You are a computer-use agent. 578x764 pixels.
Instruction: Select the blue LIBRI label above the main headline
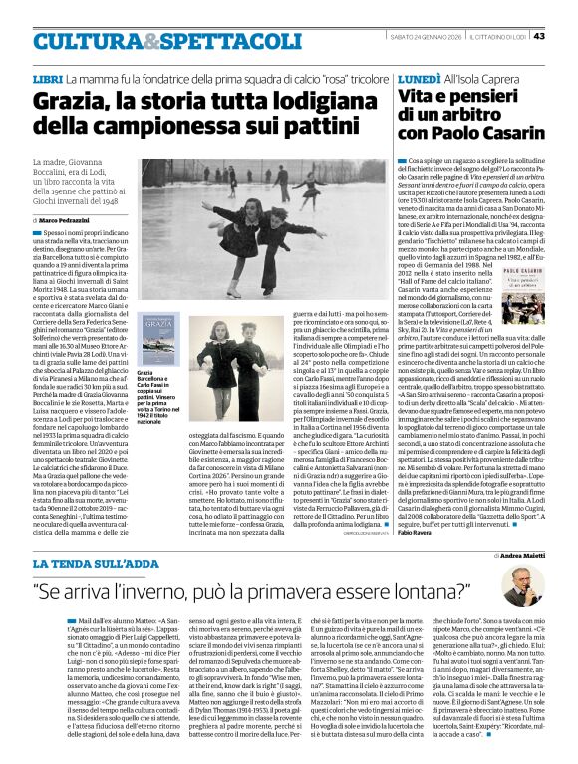tap(47, 78)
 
